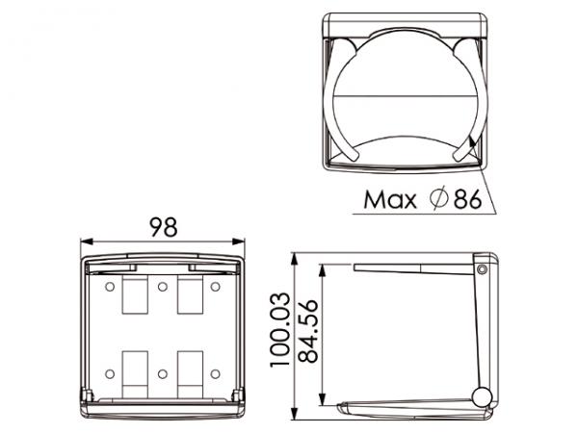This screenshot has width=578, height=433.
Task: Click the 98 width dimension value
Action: tap(164, 227)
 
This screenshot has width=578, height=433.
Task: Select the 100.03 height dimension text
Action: tap(280, 330)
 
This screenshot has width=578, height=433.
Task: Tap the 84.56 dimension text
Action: tap(308, 331)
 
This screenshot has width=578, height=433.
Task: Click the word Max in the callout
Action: tap(389, 199)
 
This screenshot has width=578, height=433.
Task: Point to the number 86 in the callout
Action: tap(467, 199)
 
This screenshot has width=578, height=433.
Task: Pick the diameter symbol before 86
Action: tap(438, 199)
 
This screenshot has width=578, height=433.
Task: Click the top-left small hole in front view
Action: tap(110, 287)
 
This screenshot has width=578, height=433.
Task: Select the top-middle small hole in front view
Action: tap(163, 287)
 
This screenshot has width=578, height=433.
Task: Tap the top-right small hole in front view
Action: tap(215, 287)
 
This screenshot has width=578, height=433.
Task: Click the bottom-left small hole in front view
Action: tap(110, 374)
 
